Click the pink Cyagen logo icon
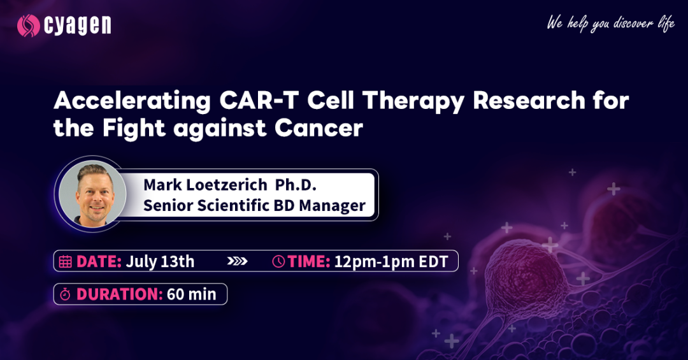click(x=29, y=25)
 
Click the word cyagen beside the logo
click(x=77, y=26)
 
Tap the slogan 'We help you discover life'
click(x=610, y=24)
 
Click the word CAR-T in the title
click(x=259, y=101)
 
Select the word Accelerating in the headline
click(x=132, y=101)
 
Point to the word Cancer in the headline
click(x=319, y=128)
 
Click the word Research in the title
click(x=529, y=101)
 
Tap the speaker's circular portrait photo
click(x=93, y=194)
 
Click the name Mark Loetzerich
click(x=205, y=185)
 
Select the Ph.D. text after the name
click(x=296, y=185)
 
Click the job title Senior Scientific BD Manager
click(x=254, y=205)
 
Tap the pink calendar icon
click(x=66, y=262)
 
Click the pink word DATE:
click(x=99, y=262)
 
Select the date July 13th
click(x=160, y=262)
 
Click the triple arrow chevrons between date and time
click(x=238, y=262)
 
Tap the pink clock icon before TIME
click(x=278, y=262)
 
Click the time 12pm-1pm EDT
click(x=391, y=262)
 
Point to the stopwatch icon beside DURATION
click(x=66, y=294)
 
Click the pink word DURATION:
click(x=120, y=294)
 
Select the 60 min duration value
click(x=192, y=294)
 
